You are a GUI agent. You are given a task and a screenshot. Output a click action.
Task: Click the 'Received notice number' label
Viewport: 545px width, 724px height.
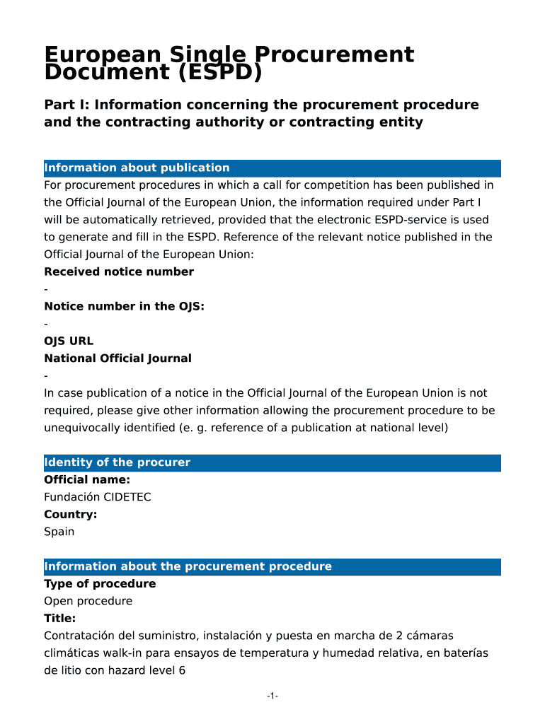pyautogui.click(x=119, y=272)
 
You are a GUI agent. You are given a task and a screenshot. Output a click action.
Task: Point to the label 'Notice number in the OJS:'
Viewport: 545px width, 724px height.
pyautogui.click(x=125, y=307)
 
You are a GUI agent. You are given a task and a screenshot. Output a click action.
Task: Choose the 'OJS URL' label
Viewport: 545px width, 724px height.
pyautogui.click(x=69, y=341)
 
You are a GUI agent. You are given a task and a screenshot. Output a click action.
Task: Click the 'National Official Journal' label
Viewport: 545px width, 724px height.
pyautogui.click(x=117, y=358)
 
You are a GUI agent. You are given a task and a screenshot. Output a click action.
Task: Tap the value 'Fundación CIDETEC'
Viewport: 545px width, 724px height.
pyautogui.click(x=97, y=497)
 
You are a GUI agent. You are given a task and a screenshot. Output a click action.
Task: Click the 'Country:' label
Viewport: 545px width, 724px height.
pyautogui.click(x=70, y=515)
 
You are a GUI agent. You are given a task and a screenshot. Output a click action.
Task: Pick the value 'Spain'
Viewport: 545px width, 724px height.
pyautogui.click(x=59, y=532)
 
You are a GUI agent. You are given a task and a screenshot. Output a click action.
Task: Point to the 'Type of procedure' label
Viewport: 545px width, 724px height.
pyautogui.click(x=100, y=584)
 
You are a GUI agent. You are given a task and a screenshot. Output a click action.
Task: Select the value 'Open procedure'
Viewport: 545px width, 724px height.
pyautogui.click(x=88, y=602)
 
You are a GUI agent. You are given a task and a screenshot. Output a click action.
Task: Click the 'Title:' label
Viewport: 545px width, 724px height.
pyautogui.click(x=59, y=619)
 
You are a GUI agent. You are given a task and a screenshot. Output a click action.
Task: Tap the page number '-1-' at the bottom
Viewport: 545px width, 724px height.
pyautogui.click(x=272, y=697)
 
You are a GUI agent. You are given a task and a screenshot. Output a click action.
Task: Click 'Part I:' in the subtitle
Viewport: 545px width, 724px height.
pyautogui.click(x=67, y=105)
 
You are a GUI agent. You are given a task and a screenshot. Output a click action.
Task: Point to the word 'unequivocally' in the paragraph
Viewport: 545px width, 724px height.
pyautogui.click(x=80, y=428)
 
